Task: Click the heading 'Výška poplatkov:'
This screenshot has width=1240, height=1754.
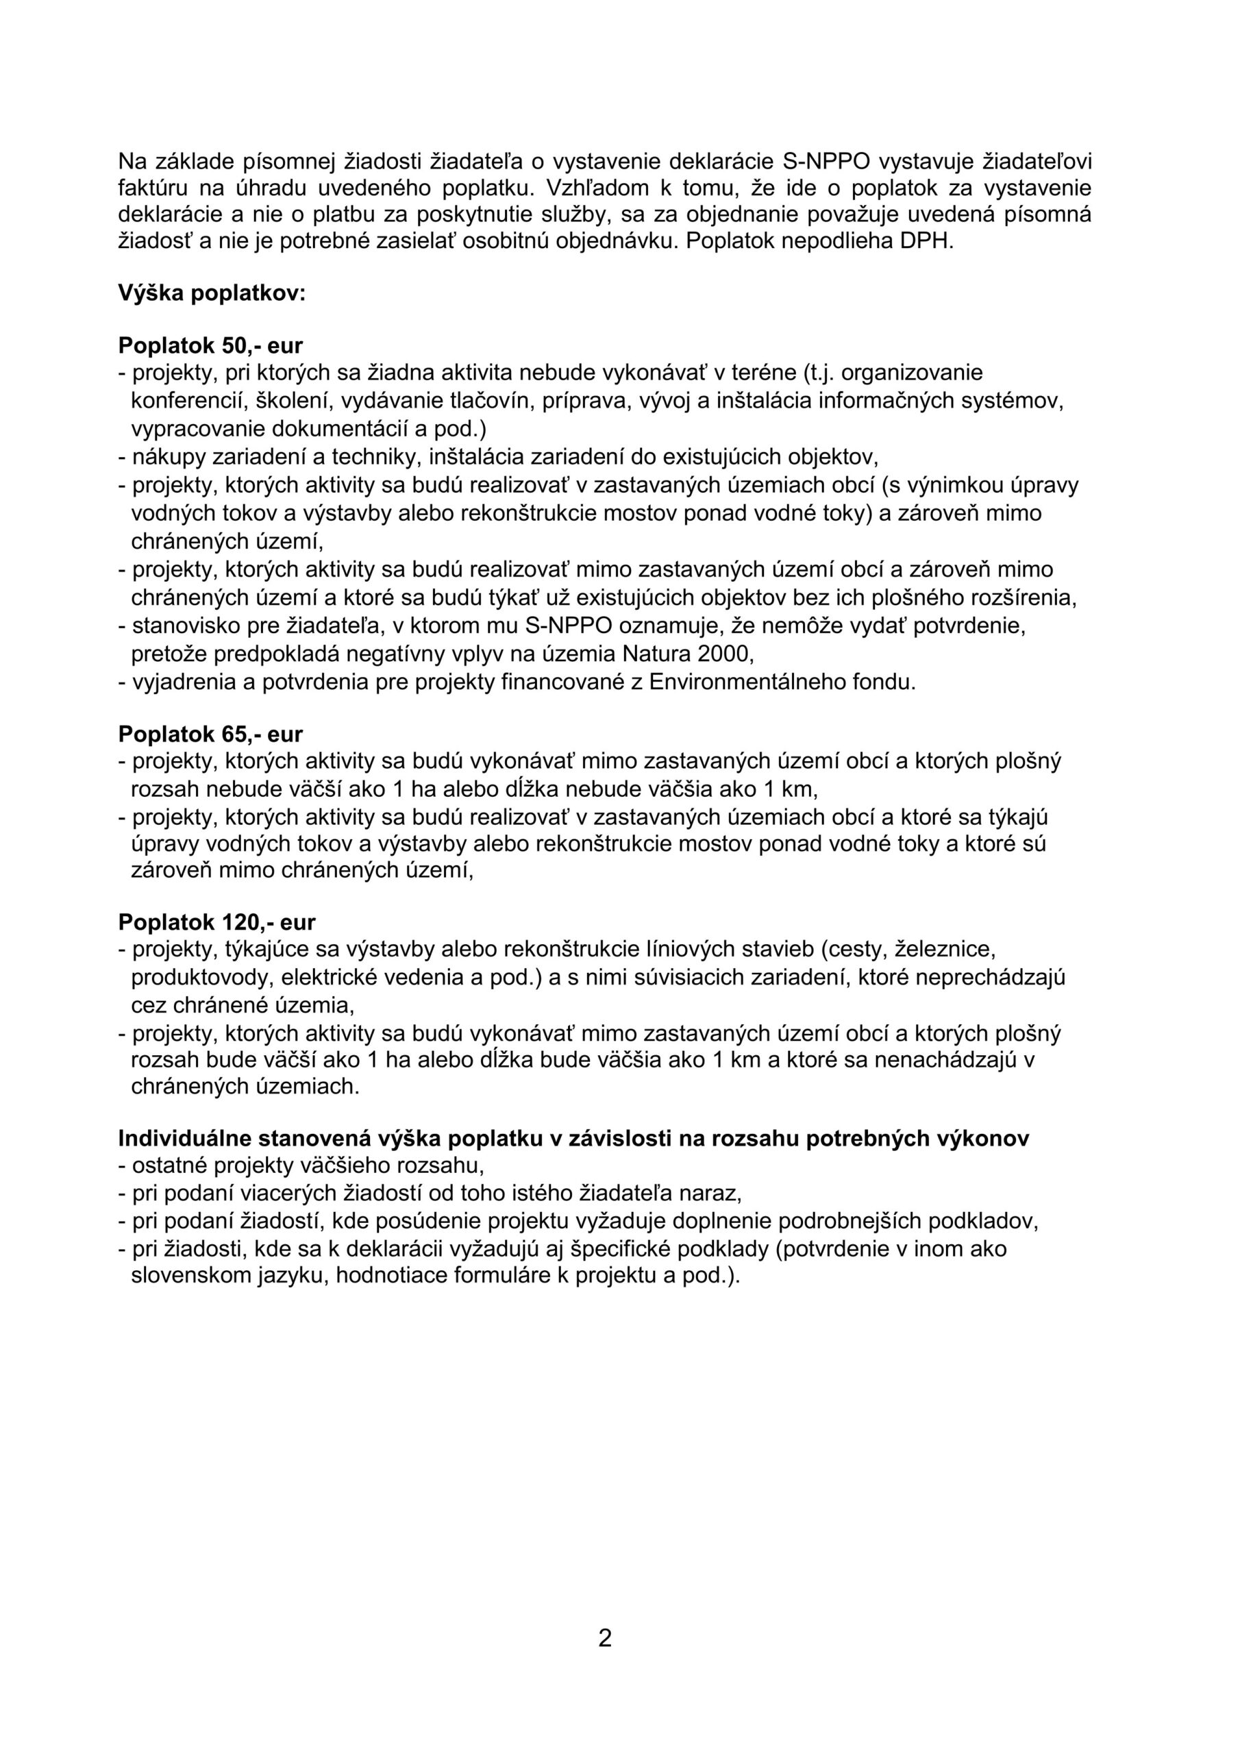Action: point(212,293)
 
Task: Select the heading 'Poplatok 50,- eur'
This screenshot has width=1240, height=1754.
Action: point(210,345)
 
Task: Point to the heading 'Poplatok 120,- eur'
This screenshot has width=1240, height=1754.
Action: point(216,922)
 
